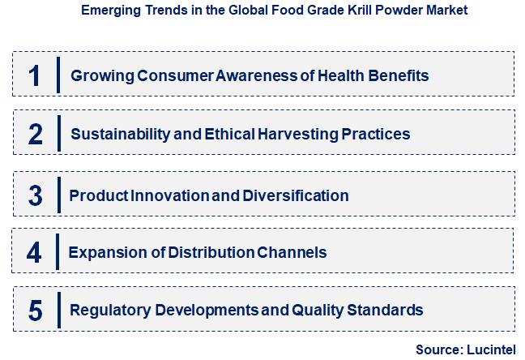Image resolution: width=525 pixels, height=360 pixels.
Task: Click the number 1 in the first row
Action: tap(34, 75)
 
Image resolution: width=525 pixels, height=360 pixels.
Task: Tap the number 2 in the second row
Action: tap(35, 134)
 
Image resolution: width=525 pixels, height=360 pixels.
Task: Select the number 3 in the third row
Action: tap(35, 195)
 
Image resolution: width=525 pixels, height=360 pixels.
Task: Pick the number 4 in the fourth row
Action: tap(34, 252)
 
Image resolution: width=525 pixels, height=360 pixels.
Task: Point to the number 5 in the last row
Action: tap(35, 310)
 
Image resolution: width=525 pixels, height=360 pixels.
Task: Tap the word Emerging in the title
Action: tap(106, 11)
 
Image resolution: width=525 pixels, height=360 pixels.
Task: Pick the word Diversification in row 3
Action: tap(300, 195)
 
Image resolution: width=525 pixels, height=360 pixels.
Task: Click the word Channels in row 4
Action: tap(292, 252)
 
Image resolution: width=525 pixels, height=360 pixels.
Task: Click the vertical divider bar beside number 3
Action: tap(59, 195)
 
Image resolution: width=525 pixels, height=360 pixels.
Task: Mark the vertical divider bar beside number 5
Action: tap(59, 310)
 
